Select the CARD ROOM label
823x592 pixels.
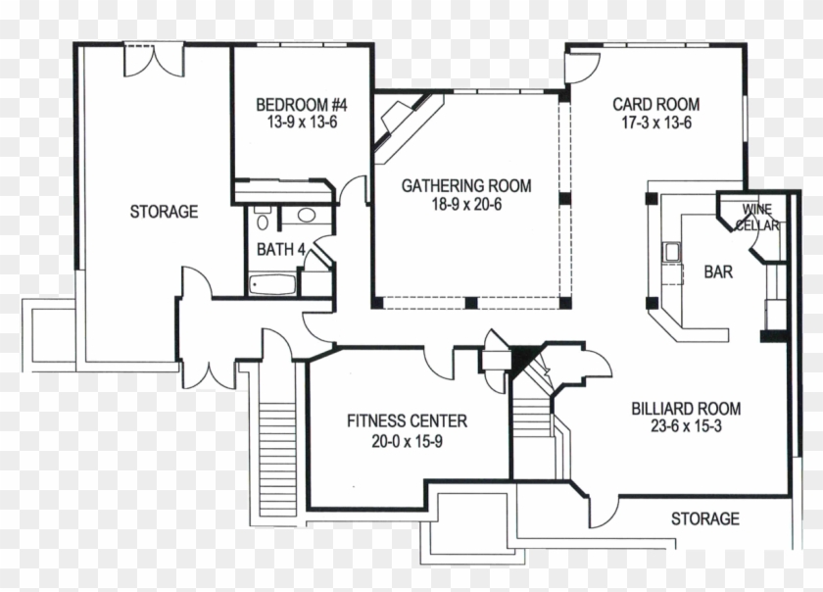[655, 105]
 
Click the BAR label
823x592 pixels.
[717, 272]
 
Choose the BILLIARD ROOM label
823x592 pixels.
[685, 409]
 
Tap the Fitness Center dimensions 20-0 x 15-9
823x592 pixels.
[407, 440]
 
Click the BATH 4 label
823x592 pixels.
[280, 250]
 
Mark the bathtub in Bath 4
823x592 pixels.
[273, 285]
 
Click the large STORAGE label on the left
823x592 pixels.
[164, 212]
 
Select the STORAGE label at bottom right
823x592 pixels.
[704, 518]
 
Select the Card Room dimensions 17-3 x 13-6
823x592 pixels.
[655, 123]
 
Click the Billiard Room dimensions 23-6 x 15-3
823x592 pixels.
[685, 427]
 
